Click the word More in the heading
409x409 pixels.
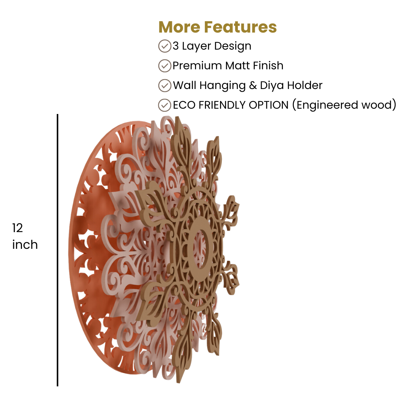(179, 27)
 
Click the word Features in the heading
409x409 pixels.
(240, 27)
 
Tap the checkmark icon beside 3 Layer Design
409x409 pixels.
(165, 46)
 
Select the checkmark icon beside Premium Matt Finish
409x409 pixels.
(165, 66)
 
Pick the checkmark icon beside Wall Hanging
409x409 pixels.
(165, 86)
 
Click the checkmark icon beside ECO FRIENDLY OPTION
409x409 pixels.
(165, 105)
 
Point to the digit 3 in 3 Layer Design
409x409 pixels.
(176, 46)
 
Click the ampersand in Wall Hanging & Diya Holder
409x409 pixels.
(253, 86)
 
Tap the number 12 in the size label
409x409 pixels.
(17, 228)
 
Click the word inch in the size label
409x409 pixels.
(25, 245)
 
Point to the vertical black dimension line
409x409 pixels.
(58, 250)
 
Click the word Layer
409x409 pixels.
(197, 47)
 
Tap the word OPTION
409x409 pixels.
(269, 105)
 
